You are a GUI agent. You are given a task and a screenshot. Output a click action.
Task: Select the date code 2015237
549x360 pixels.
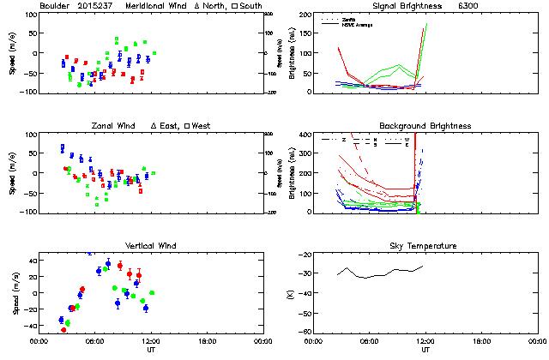point(100,6)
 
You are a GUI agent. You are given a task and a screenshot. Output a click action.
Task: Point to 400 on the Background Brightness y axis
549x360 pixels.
point(305,135)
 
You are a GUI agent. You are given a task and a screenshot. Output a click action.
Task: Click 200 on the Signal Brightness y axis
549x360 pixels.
point(305,15)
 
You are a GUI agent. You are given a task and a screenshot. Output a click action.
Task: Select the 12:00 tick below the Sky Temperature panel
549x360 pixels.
point(425,341)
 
